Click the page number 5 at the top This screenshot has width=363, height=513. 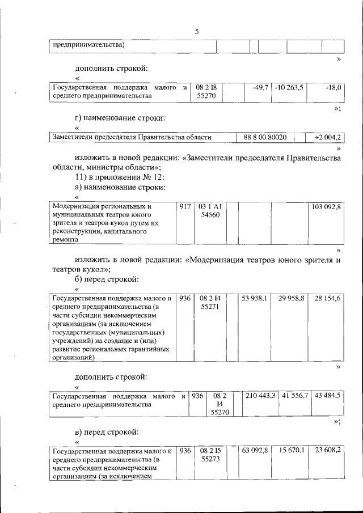196,32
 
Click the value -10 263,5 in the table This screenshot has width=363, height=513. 288,88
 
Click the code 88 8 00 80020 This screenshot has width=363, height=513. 265,137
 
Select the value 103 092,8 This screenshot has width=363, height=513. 326,207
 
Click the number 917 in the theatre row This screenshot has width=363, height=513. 184,207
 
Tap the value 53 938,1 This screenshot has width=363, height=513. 255,298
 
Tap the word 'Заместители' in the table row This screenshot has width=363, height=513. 73,137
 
